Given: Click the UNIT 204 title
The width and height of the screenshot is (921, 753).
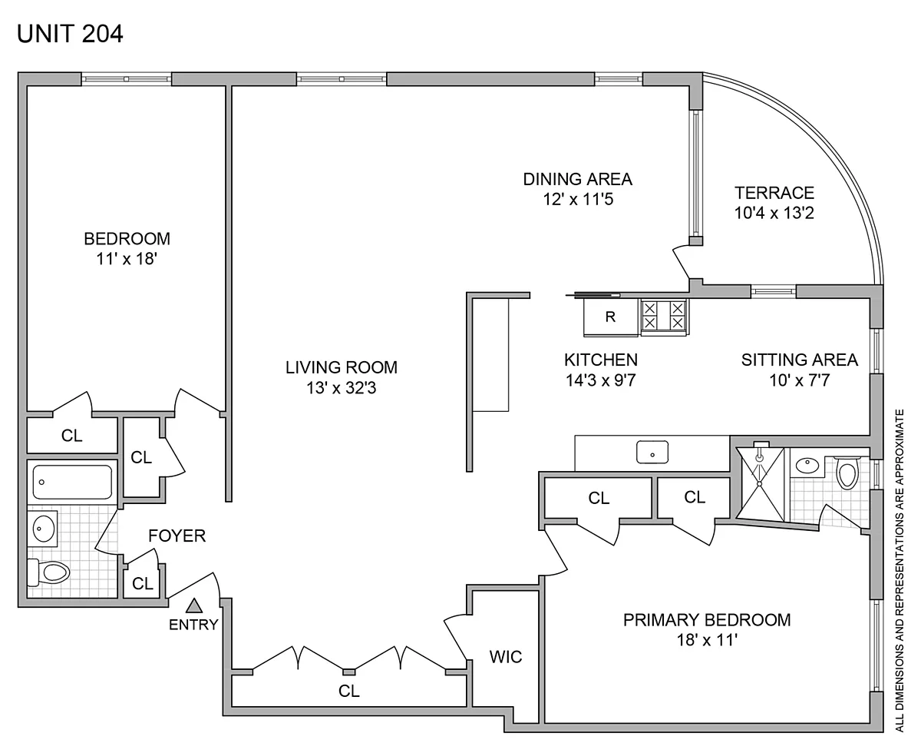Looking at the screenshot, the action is click(x=70, y=34).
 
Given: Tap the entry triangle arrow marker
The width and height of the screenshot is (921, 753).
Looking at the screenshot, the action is click(x=194, y=605).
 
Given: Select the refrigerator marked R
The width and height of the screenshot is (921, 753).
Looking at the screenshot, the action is click(x=610, y=317).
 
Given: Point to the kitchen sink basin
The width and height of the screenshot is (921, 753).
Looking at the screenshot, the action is click(x=652, y=452).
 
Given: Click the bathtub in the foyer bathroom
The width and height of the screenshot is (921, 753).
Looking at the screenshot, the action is click(x=72, y=482).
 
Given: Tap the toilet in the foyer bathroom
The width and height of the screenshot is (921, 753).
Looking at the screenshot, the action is click(x=48, y=572).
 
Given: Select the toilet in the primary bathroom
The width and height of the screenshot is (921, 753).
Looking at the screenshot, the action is click(x=847, y=473).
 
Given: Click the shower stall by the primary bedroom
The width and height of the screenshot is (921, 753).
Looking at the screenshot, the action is click(x=760, y=484).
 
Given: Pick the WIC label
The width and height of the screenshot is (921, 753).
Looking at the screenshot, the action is click(x=505, y=657).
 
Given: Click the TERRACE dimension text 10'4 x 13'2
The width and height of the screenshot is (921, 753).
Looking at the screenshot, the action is click(x=774, y=213).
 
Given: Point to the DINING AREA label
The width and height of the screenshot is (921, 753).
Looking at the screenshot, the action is click(x=577, y=179).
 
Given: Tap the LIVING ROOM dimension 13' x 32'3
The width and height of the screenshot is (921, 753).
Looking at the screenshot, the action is click(x=341, y=388).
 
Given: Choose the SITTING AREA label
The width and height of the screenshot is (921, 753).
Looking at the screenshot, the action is click(x=799, y=360).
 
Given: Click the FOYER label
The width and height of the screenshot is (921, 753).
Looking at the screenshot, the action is click(x=177, y=536).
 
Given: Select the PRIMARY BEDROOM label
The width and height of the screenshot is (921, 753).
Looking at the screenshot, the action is click(x=707, y=620).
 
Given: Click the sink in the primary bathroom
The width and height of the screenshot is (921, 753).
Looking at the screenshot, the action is click(x=807, y=465).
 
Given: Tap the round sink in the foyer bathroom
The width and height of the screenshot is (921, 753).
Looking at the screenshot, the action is click(x=44, y=528).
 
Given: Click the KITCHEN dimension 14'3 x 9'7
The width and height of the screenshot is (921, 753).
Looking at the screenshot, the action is click(x=600, y=380).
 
